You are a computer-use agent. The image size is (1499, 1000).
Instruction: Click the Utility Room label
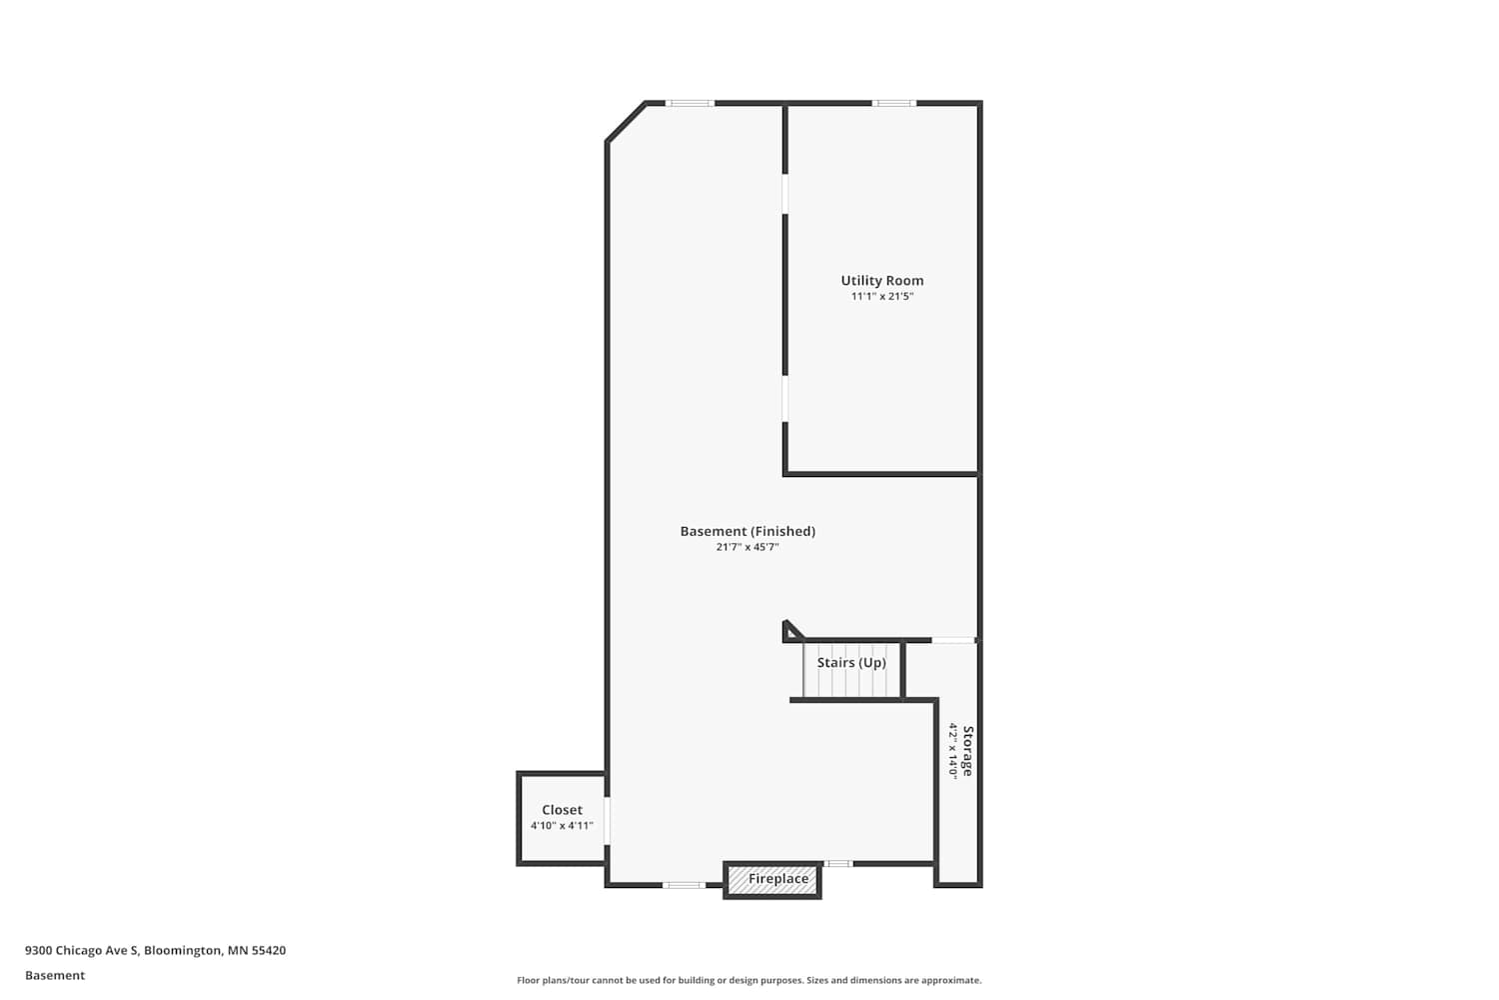pos(882,281)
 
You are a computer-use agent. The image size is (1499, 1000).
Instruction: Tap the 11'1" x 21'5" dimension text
pos(882,296)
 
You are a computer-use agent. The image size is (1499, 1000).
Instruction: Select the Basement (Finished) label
pos(748,531)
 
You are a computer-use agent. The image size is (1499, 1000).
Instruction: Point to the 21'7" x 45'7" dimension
pos(748,547)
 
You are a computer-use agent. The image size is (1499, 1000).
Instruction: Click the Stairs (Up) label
pos(851,662)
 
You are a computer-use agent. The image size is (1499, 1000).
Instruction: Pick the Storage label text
pos(967,751)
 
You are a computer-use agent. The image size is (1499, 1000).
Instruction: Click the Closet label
pos(562,810)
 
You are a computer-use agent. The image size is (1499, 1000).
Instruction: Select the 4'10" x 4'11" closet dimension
pos(562,826)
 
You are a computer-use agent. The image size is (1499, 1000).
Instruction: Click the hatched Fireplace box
pos(772,880)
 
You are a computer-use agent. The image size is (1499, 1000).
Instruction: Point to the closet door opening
pos(607,820)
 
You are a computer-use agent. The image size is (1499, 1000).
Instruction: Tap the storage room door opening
pos(953,641)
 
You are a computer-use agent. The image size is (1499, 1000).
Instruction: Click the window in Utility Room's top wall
pos(893,103)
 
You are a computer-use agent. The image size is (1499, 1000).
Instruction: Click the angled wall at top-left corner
pos(626,121)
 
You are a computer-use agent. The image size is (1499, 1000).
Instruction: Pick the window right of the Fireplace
pos(837,864)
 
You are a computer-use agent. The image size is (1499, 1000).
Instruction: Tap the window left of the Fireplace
pos(684,885)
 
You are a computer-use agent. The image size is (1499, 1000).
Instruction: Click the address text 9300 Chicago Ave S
pos(82,950)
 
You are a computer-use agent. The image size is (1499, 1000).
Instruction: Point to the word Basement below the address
pos(55,976)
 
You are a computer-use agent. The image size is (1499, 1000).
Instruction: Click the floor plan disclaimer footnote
pos(749,981)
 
